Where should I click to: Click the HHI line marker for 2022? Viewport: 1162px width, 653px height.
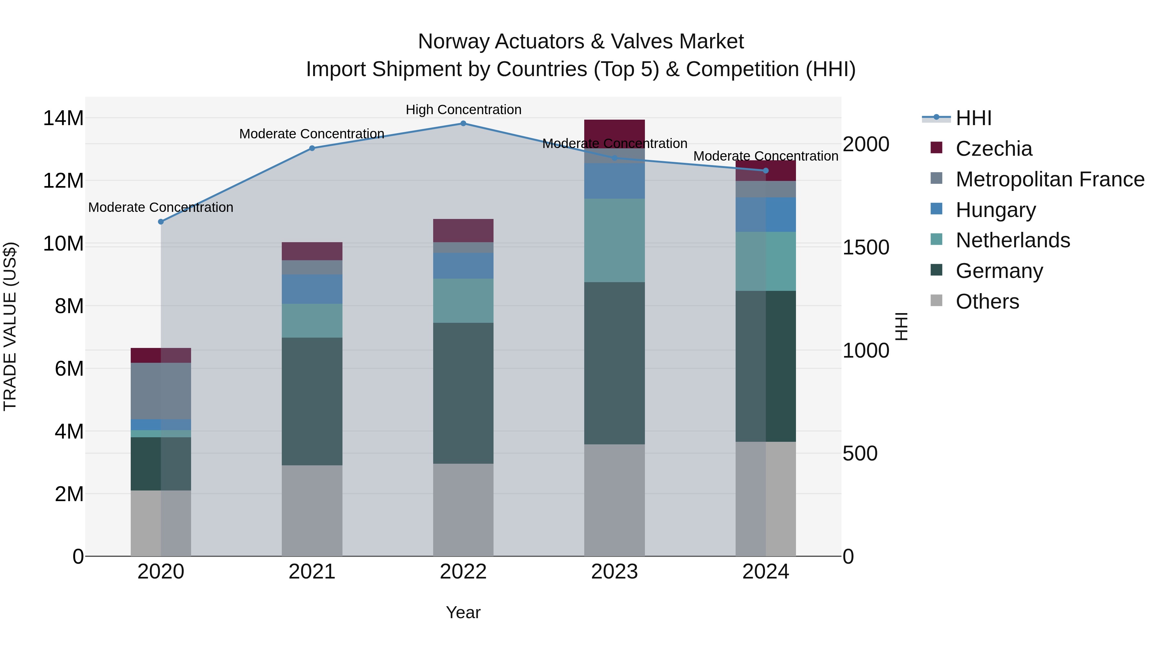[x=463, y=124]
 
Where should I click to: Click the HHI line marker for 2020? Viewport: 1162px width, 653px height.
[x=161, y=222]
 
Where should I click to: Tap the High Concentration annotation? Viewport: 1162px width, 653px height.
[x=463, y=110]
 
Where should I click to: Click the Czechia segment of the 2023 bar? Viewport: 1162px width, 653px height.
[x=614, y=134]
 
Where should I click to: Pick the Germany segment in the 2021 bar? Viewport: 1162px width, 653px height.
[x=312, y=401]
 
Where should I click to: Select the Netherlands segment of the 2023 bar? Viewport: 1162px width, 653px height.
[x=614, y=240]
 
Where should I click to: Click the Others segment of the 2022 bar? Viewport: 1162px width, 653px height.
[x=463, y=509]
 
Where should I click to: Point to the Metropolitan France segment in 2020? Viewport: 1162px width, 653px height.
[x=161, y=391]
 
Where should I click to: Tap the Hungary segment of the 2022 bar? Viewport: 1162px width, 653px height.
[x=463, y=266]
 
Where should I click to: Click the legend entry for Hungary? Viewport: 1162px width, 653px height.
[x=995, y=210]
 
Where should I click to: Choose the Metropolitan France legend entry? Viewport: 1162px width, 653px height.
[x=1050, y=179]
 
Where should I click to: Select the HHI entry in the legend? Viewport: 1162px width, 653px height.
[x=973, y=118]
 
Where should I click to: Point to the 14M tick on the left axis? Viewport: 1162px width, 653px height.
[x=63, y=119]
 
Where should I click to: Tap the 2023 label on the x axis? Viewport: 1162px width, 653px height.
[x=614, y=572]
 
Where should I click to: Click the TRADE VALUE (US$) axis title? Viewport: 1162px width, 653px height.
[x=10, y=326]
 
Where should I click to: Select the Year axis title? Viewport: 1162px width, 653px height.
[x=463, y=612]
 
